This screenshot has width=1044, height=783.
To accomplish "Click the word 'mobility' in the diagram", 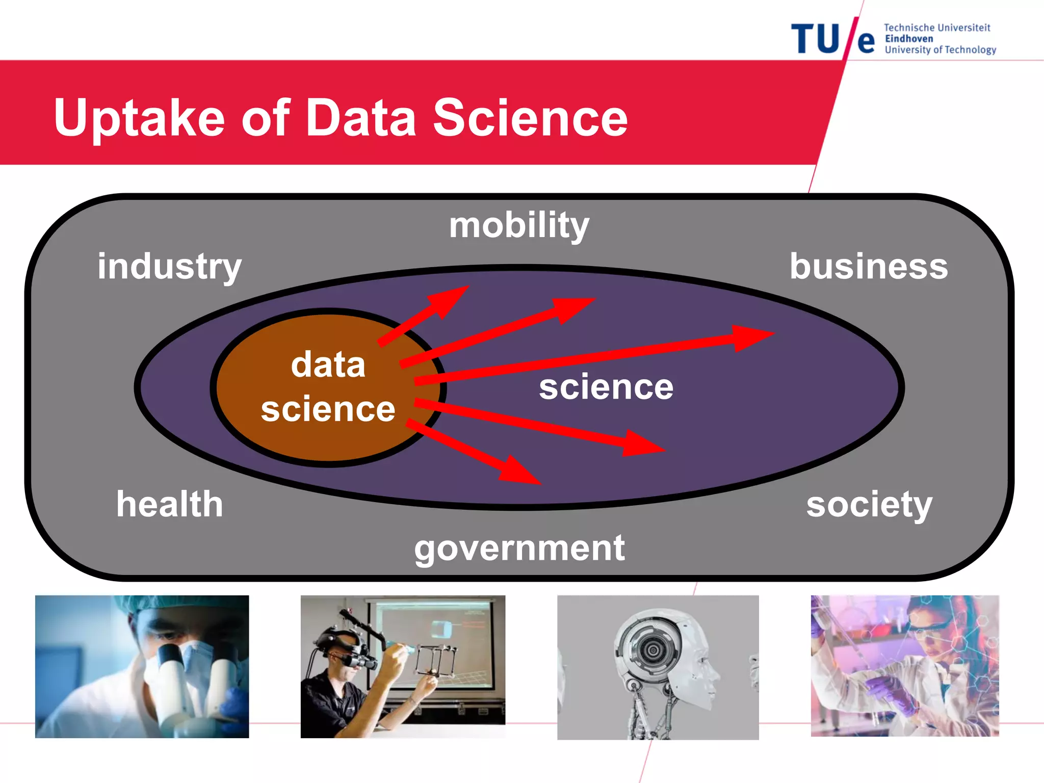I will pos(519,225).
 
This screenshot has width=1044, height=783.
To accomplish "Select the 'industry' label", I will pos(169,266).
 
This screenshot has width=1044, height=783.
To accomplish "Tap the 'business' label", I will pos(869,266).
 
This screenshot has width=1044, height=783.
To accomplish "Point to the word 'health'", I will pos(170,504).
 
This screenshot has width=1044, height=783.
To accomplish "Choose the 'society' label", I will pos(869,504).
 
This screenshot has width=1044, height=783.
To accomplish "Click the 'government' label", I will pos(519,549).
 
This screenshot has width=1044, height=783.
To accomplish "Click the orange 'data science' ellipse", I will pos(306,433).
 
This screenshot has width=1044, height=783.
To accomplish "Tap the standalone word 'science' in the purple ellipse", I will pos(606,387).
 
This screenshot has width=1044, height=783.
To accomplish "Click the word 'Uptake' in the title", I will pos(139,118).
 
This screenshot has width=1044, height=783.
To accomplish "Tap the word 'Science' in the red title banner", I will pos(530,118).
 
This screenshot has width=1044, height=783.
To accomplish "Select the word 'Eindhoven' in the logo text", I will pos(909,39).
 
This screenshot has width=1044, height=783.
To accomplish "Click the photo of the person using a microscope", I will pos(142,666).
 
